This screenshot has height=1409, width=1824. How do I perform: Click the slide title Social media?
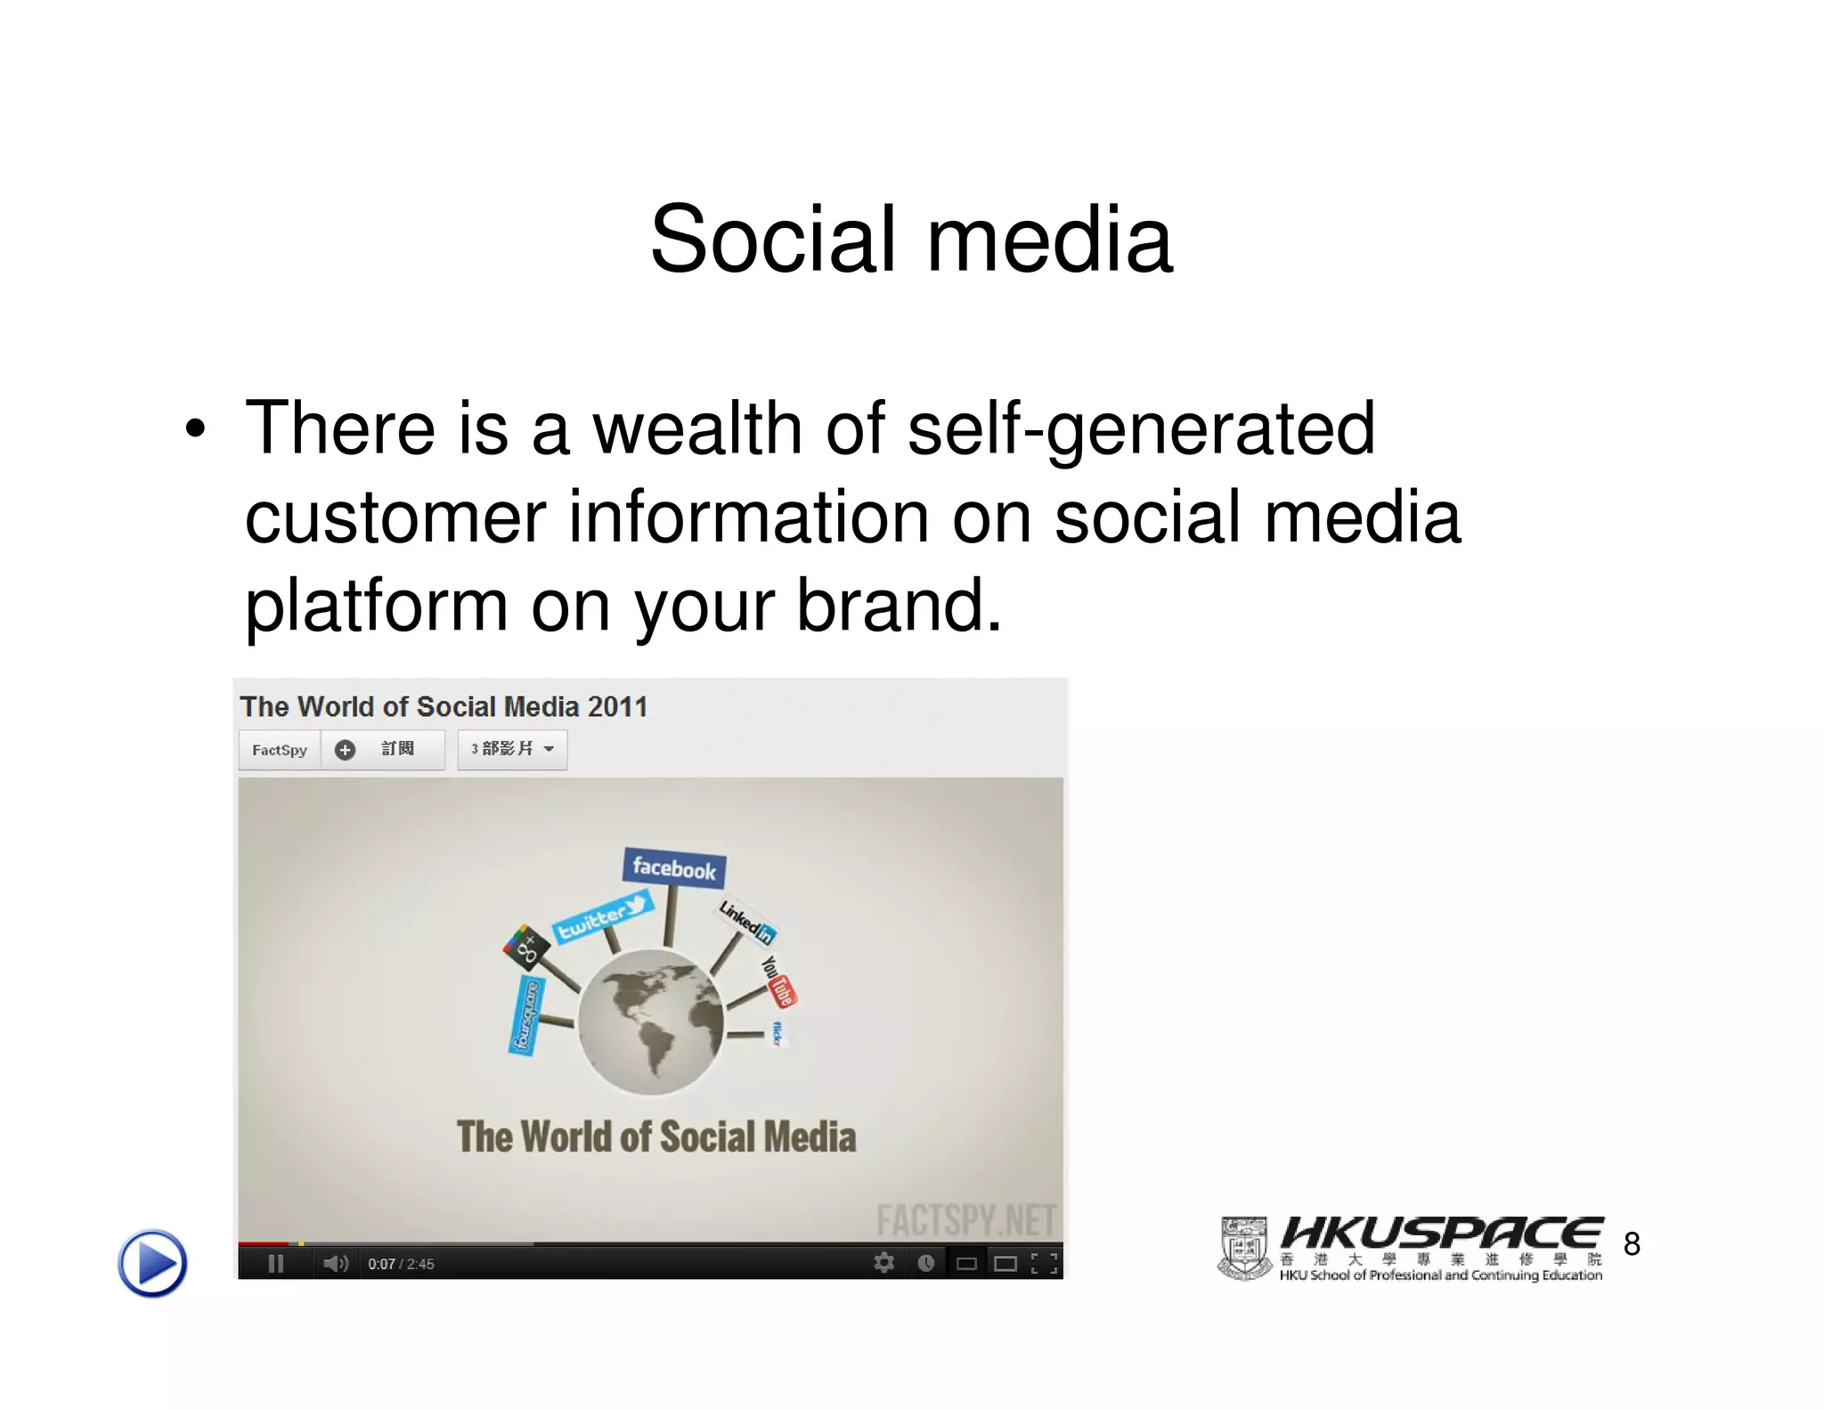coord(911,239)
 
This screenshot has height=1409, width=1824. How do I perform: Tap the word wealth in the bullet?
coord(697,428)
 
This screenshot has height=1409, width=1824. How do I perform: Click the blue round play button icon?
coord(152,1263)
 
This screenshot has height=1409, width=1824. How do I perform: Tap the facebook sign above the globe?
coord(673,867)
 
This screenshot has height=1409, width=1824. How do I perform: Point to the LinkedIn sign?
coord(746,921)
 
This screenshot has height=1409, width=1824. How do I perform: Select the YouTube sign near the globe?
coord(778,981)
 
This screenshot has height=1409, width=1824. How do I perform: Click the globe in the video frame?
coord(651,1022)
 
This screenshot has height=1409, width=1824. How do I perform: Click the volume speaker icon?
coord(335,1264)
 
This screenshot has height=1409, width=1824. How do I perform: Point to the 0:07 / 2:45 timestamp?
coord(401,1264)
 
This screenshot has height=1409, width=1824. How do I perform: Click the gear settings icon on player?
coord(883,1263)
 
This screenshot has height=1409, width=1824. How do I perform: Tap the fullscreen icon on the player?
coord(1044,1263)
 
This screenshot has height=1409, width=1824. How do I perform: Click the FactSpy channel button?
coord(279,750)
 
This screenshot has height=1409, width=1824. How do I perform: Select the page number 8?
coord(1632,1244)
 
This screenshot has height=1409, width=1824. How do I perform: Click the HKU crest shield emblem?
coord(1244,1249)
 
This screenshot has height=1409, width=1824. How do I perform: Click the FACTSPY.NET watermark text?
coord(965,1220)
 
